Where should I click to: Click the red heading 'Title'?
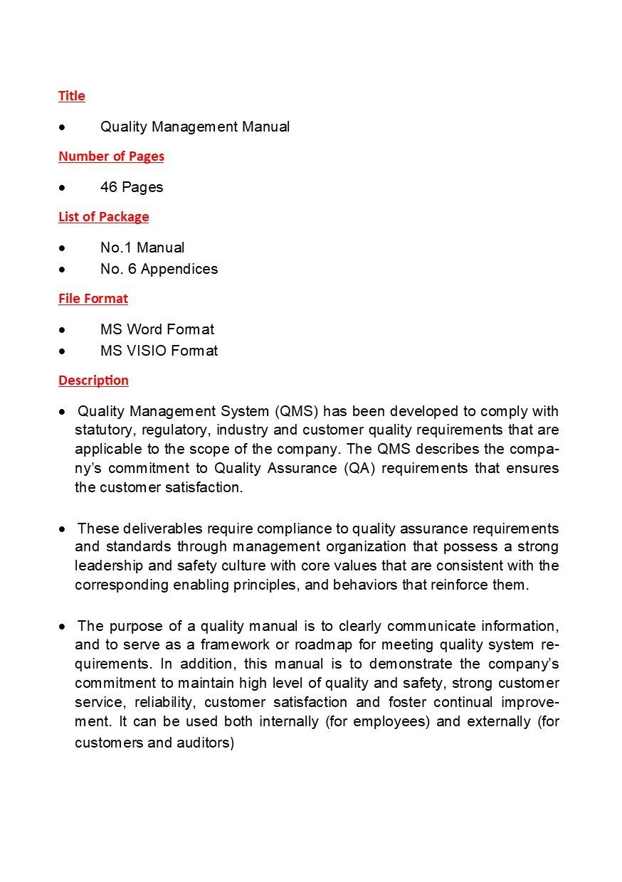coord(71,96)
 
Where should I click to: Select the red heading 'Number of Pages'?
coord(111,156)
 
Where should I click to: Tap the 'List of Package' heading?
coord(103,217)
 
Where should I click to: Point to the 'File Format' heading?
coord(93,299)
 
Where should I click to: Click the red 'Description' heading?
coord(93,381)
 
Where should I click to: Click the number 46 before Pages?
coord(109,187)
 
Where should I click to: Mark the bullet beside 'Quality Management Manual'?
coord(64,127)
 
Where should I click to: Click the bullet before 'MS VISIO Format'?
coord(64,351)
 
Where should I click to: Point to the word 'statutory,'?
coord(105,430)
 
